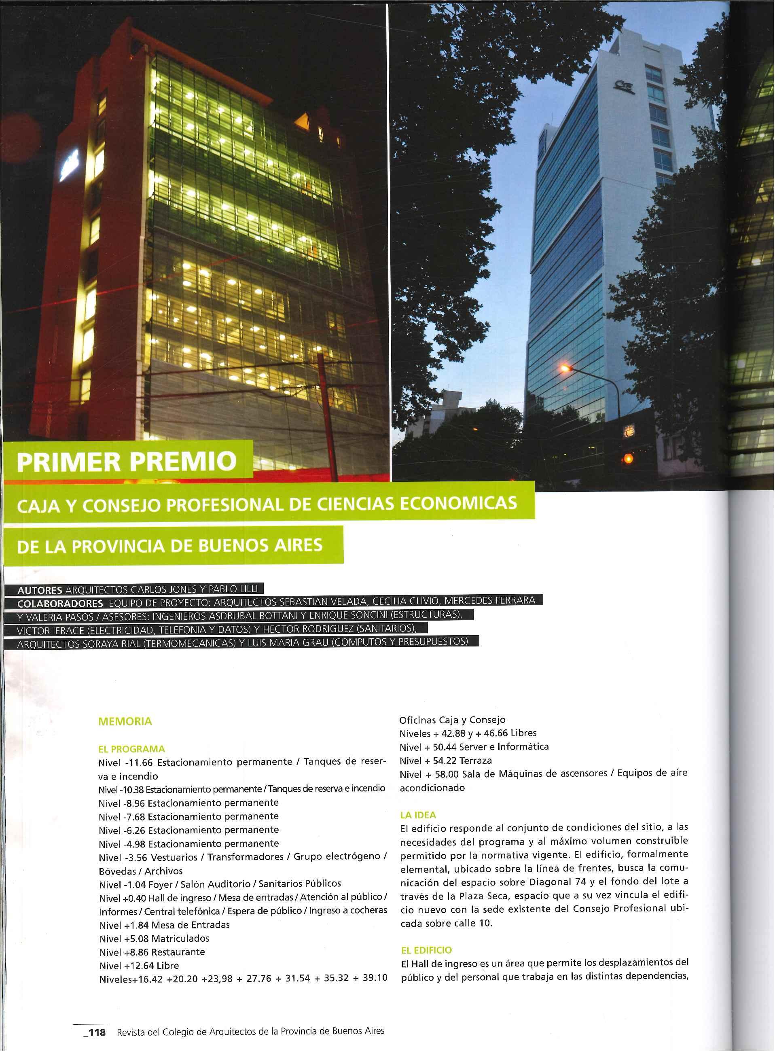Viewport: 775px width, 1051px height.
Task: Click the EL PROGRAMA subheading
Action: coord(132,749)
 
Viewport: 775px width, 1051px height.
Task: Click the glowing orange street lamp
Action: coord(567,369)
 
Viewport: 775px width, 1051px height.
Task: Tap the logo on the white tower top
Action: coord(624,85)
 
